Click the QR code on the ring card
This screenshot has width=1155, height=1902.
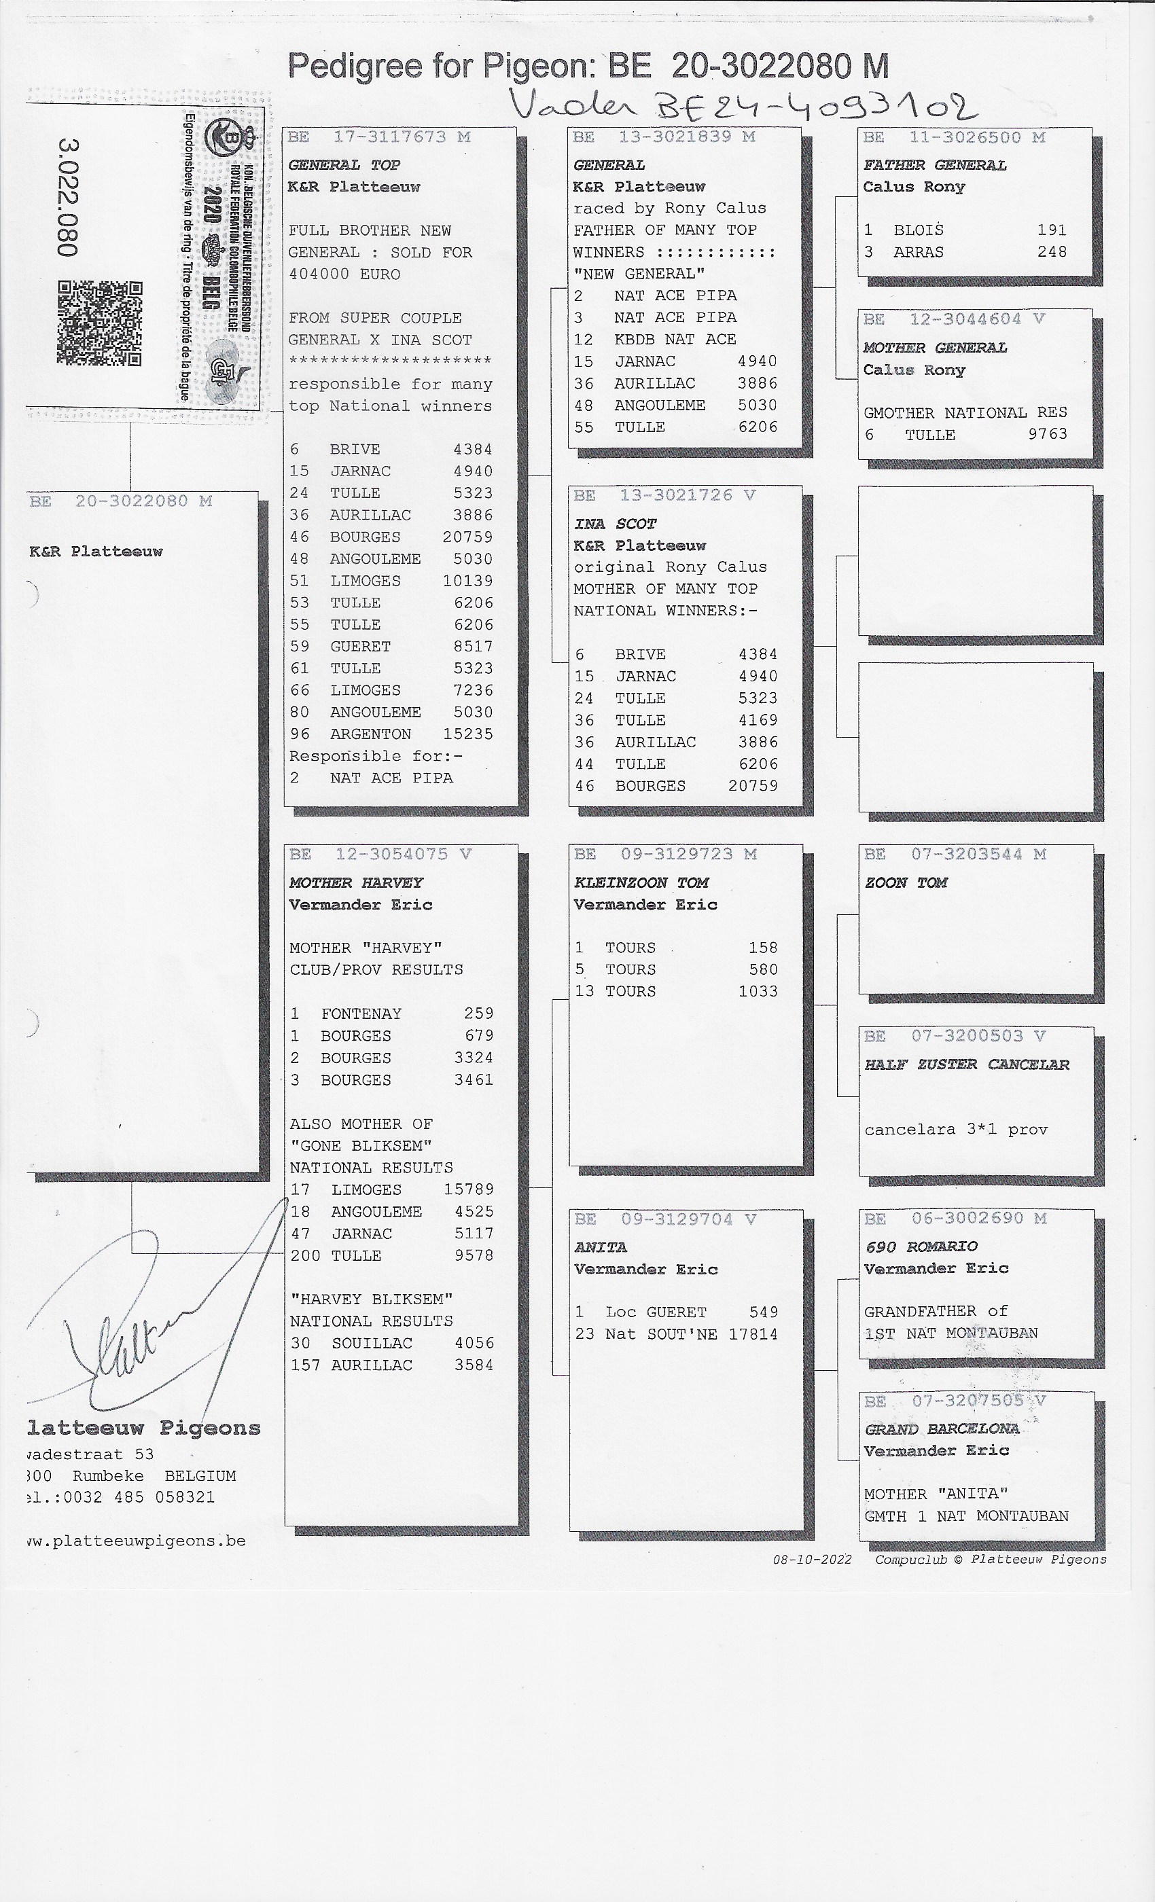click(100, 323)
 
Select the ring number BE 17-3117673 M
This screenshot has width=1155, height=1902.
click(378, 137)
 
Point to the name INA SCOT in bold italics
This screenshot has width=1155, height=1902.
click(615, 523)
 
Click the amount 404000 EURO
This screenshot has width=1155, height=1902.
click(344, 274)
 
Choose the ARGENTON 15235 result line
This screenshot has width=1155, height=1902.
click(391, 734)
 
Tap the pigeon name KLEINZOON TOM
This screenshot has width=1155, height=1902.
click(641, 882)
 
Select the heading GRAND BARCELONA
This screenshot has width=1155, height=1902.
click(941, 1429)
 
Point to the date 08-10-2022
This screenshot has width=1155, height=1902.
click(812, 1559)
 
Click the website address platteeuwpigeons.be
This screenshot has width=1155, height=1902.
click(137, 1541)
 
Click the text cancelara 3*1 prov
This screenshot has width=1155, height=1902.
click(956, 1129)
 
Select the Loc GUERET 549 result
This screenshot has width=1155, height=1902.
click(675, 1312)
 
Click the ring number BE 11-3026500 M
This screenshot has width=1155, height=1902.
click(955, 137)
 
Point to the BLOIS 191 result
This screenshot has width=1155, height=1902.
click(965, 230)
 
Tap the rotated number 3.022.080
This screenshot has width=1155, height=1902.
click(68, 198)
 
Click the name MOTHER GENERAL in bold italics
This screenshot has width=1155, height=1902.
click(935, 347)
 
